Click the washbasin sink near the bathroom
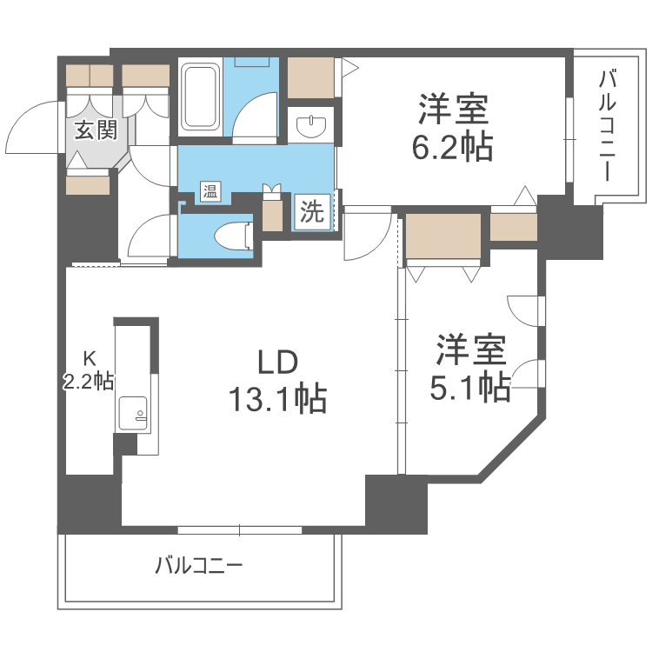[x=309, y=127]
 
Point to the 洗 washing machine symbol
[x=312, y=211]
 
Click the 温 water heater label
[x=210, y=191]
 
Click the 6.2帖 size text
[x=452, y=149]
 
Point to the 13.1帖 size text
[x=277, y=398]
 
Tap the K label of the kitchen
[x=88, y=357]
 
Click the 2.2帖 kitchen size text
[x=88, y=380]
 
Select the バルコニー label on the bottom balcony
[x=199, y=567]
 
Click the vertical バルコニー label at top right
[x=606, y=127]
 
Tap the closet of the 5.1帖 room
[x=443, y=236]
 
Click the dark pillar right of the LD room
[x=396, y=503]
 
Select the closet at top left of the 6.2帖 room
[x=311, y=77]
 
